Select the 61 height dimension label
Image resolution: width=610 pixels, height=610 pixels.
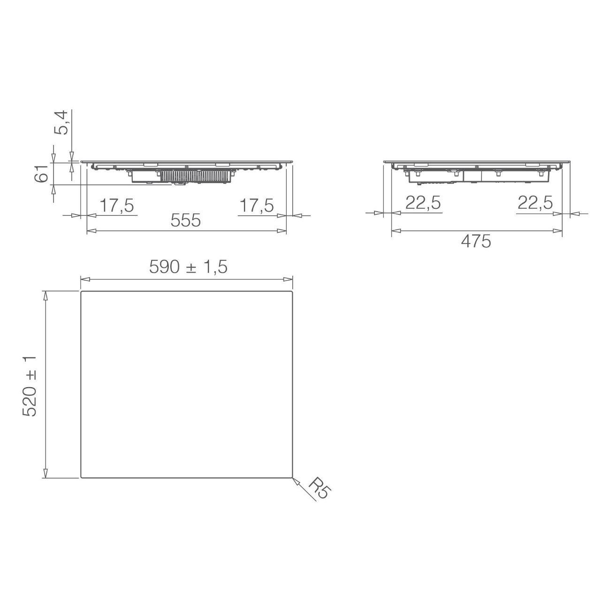coord(41,173)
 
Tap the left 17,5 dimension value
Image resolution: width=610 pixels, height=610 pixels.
coord(117,206)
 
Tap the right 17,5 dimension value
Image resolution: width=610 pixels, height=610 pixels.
coord(257,206)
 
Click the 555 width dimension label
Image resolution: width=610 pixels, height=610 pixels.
coord(186,220)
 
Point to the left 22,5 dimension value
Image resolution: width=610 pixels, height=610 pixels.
coord(423,203)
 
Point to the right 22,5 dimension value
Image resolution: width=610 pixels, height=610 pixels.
coord(535,203)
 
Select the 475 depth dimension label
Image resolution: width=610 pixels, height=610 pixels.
coord(476,242)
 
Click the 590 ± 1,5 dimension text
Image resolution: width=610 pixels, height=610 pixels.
coord(188,267)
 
